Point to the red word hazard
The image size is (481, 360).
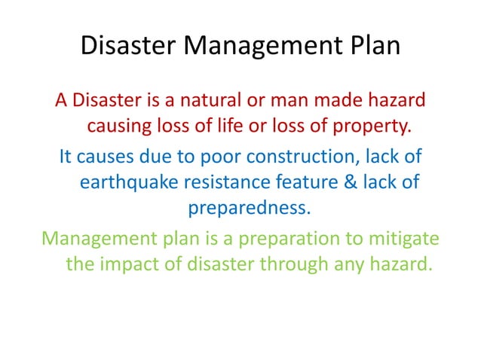coord(398,99)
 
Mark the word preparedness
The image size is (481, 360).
coord(248,208)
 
